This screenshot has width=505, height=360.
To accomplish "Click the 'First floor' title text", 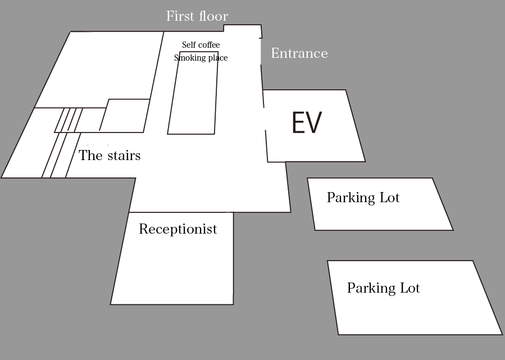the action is click(197, 16).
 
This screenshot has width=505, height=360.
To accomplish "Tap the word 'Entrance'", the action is click(299, 53).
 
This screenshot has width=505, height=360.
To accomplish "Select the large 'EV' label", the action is click(307, 122).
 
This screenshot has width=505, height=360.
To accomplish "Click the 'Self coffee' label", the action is click(201, 44).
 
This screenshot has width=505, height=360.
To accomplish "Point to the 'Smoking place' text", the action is click(201, 58).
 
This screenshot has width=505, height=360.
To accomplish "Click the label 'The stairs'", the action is click(110, 155).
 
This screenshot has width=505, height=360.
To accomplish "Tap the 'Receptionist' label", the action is click(178, 229).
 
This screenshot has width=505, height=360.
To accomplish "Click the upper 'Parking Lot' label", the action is click(363, 197).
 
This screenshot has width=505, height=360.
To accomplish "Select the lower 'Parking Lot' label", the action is click(383, 288).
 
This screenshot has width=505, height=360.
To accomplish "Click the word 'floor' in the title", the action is click(214, 16).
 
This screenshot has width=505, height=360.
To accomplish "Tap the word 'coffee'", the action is click(210, 44).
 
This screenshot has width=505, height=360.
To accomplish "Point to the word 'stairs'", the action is click(124, 156).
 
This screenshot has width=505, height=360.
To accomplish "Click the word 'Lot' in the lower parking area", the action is click(410, 288).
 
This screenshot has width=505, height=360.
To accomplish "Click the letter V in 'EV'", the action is click(313, 122).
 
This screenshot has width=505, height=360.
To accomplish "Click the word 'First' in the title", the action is click(181, 16).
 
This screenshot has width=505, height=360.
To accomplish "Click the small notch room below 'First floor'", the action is click(242, 28).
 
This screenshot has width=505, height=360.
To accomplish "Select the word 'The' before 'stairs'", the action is click(92, 155).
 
